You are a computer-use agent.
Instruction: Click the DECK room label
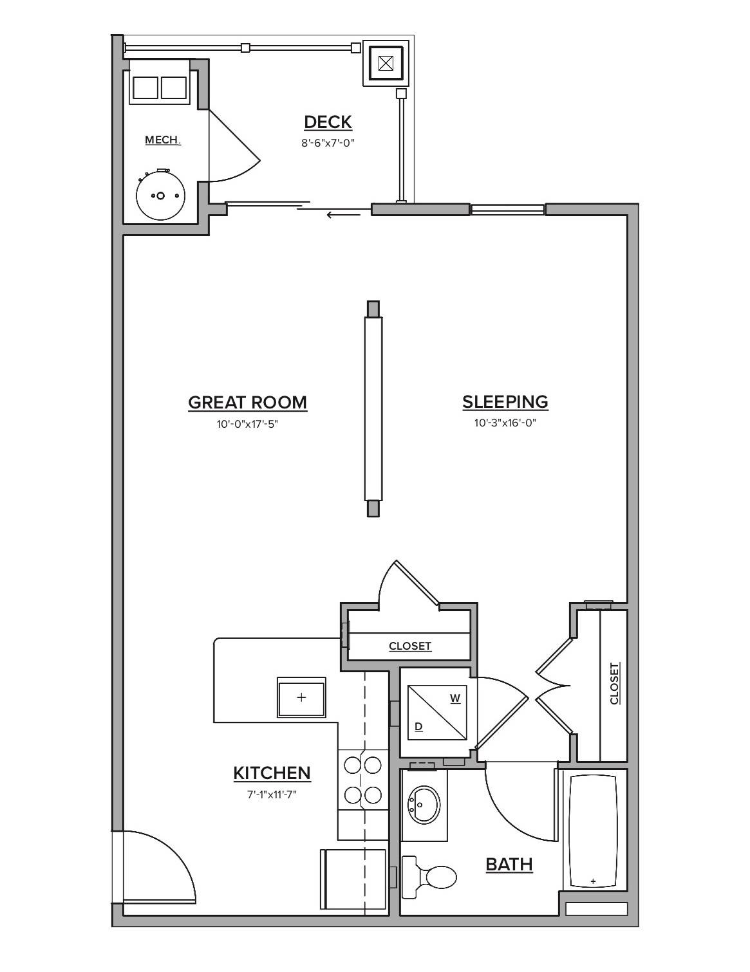328,122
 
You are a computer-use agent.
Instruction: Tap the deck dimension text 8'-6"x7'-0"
328,143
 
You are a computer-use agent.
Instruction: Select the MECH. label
163,140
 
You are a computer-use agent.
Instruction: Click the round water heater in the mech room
160,196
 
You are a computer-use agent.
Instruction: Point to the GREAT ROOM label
247,403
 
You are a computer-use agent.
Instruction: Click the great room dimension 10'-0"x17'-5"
247,424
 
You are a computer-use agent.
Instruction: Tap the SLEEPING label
505,402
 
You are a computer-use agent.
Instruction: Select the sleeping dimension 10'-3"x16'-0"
505,423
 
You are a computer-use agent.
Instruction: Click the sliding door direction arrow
343,214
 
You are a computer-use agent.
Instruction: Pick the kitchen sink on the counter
301,697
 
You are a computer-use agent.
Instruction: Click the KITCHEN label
272,773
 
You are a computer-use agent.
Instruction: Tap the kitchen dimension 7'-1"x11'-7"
272,794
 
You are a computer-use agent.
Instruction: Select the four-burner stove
362,780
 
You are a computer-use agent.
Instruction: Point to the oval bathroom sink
424,803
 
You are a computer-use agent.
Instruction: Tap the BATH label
509,864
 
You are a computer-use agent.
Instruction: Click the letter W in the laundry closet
455,698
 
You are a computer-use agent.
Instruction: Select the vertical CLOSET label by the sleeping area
614,683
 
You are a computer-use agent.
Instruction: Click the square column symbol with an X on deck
386,63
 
